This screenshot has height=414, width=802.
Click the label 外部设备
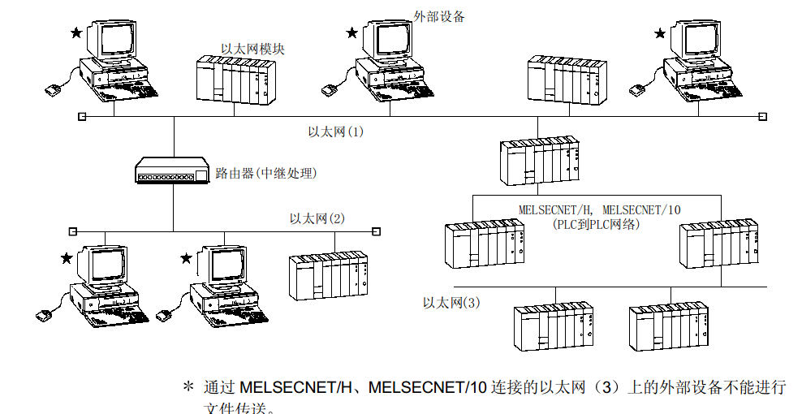(439, 15)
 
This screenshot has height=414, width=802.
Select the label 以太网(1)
(335, 131)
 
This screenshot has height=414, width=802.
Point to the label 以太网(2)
(317, 218)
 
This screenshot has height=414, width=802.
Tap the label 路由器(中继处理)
(265, 173)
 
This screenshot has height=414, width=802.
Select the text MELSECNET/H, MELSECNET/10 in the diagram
(599, 209)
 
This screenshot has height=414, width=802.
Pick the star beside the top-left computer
(75, 32)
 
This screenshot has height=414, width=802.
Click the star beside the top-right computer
(660, 33)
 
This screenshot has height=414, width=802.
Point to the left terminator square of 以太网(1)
(81, 116)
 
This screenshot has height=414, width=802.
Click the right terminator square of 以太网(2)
(376, 231)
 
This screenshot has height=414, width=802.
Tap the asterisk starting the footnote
(188, 387)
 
